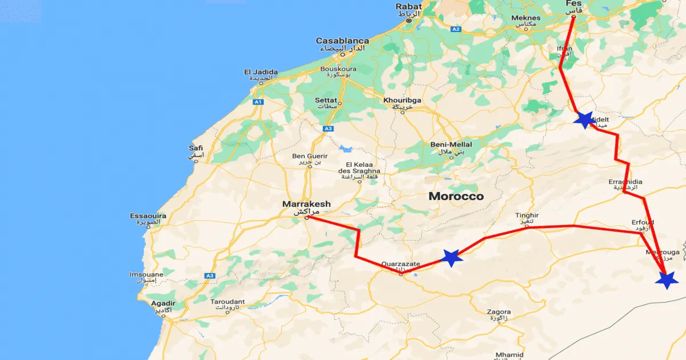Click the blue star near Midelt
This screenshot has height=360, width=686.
pos(584,119)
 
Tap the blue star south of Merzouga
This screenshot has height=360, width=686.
pos(667,280)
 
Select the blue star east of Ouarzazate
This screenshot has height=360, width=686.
pos(452,258)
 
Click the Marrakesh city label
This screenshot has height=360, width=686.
pos(306,204)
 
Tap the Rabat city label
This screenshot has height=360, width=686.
pos(409,7)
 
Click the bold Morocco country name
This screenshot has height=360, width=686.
pos(456,197)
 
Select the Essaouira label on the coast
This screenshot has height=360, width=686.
pos(148,216)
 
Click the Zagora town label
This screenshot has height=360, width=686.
pos(498,312)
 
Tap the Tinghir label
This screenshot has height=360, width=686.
pos(527,215)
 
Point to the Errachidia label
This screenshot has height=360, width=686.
pos(625,182)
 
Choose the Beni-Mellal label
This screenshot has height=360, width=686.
pos(452,145)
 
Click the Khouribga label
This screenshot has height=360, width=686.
pos(402,101)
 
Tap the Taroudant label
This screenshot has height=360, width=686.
pos(228,302)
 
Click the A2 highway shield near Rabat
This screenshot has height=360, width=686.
pos(456,29)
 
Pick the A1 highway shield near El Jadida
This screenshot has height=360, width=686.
pos(258,102)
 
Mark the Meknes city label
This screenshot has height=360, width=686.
pos(525,18)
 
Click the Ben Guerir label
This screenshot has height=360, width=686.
pos(310,156)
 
